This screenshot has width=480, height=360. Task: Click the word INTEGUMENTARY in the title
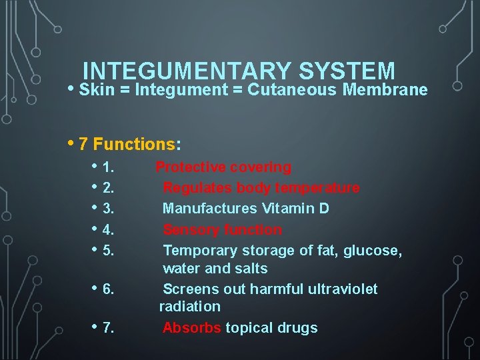(187, 71)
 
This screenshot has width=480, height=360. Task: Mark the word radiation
(189, 307)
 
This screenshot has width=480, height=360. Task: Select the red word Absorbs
(192, 328)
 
